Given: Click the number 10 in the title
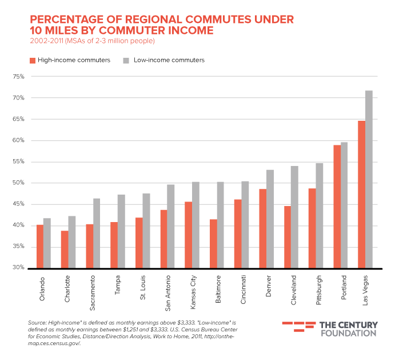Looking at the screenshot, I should (x=36, y=30).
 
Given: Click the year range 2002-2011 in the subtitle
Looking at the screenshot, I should (x=46, y=41).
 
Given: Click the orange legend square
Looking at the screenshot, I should (x=33, y=61).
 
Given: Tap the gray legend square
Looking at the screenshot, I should (x=126, y=61).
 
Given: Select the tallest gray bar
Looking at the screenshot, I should (x=369, y=179).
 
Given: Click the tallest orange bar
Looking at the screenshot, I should (x=361, y=194).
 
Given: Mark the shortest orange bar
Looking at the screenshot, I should (x=64, y=249).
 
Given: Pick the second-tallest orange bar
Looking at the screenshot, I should (x=337, y=206).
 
